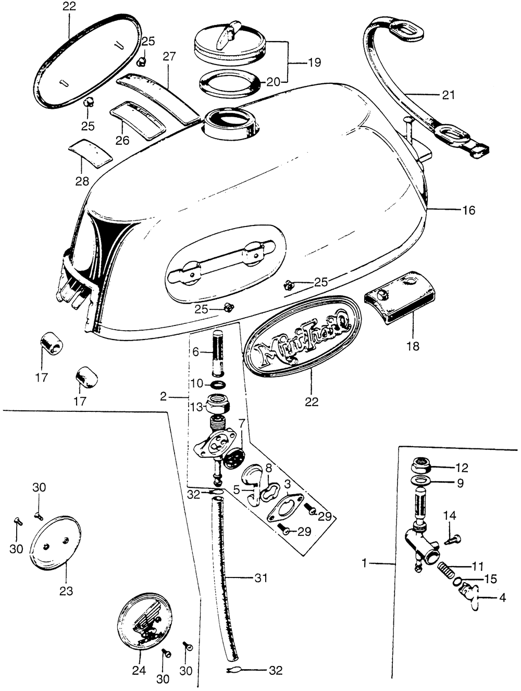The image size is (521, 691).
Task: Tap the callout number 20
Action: pos(274,81)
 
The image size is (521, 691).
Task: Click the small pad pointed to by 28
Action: pos(91,153)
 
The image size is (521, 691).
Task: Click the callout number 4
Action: pos(502,598)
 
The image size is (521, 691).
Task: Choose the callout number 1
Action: pos(365,563)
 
